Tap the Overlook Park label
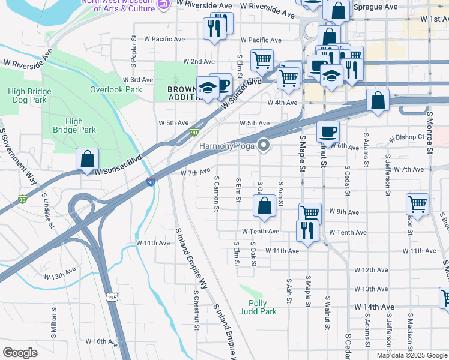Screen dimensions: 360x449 [x=116, y=89]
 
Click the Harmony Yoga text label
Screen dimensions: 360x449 [x=226, y=145]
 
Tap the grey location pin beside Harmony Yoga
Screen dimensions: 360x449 [x=264, y=145]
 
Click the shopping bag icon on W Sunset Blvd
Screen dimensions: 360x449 [x=87, y=160]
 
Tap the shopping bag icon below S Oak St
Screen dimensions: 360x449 [x=264, y=206]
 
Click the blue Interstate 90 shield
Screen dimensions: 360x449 [x=150, y=181]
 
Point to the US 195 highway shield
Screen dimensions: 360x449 [x=111, y=297]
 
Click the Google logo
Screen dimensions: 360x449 [x=20, y=353]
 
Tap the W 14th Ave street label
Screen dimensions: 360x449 [x=375, y=307]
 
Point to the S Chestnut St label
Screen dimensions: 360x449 [x=196, y=304]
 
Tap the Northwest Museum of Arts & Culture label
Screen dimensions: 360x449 [x=117, y=5]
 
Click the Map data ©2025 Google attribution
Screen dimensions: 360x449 [x=411, y=355]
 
